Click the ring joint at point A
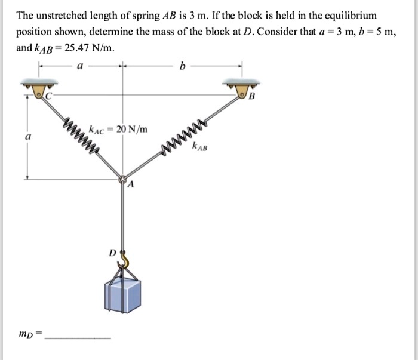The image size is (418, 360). tap(123, 178)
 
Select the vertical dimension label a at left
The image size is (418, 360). tap(26, 136)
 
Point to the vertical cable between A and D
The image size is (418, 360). tap(123, 215)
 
